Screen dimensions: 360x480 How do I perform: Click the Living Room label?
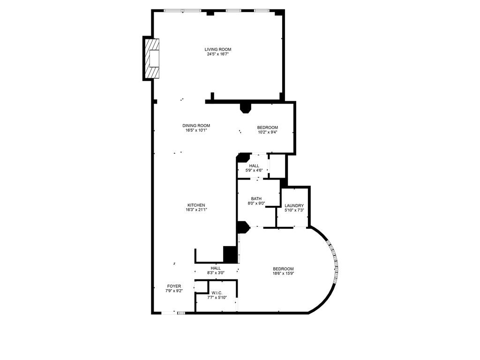click(217, 49)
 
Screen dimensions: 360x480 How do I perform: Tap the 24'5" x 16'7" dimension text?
click(217, 54)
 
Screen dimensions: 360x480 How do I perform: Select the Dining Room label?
click(196, 125)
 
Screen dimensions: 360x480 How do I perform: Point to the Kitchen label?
click(196, 205)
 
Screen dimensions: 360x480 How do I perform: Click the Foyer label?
click(174, 286)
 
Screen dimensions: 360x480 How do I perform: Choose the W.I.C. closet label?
click(217, 292)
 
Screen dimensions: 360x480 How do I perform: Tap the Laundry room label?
click(294, 205)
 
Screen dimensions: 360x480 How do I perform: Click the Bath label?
click(256, 198)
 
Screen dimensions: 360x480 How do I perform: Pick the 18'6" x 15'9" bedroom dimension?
click(283, 274)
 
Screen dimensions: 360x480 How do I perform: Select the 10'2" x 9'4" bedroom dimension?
click(267, 132)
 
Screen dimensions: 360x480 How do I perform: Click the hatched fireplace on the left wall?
click(152, 59)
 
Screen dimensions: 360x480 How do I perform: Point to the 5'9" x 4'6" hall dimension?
click(254, 171)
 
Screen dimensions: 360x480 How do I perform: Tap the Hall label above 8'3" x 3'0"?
click(216, 268)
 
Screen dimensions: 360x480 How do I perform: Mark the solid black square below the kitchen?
click(230, 254)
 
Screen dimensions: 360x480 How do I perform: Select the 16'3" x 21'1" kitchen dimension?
click(196, 210)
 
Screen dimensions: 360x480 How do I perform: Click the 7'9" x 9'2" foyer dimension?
click(174, 291)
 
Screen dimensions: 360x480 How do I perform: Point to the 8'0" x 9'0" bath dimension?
click(256, 203)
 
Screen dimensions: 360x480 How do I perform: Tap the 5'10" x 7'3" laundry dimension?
click(294, 210)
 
